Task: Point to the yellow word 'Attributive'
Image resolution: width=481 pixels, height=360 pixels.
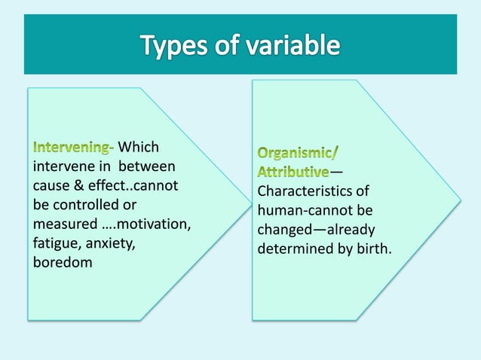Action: tap(293, 172)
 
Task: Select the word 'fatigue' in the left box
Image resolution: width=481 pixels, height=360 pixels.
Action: tap(55, 243)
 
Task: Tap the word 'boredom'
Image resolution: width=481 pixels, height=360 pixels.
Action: tap(62, 264)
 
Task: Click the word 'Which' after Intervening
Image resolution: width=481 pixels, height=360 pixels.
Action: tap(139, 146)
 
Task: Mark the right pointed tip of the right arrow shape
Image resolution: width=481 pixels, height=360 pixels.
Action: tap(461, 200)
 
